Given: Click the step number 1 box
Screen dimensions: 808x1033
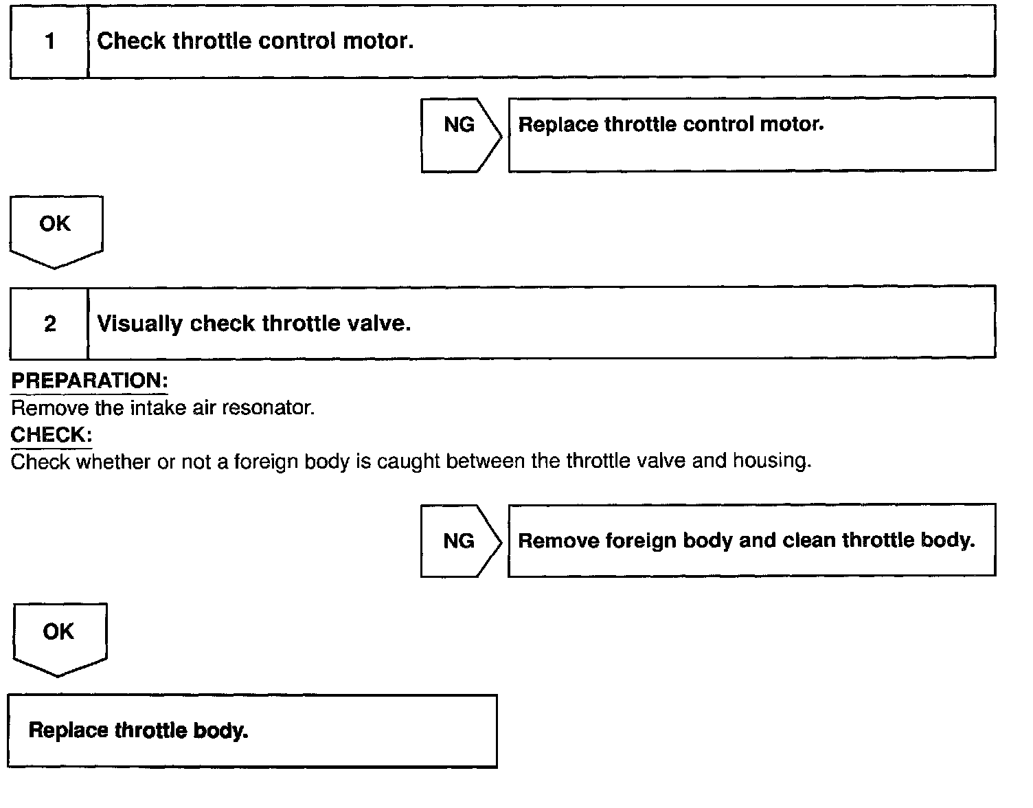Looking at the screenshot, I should [49, 41].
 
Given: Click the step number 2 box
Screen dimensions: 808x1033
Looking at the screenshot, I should [49, 324].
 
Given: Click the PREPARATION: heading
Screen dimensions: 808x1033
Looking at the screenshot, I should [89, 381].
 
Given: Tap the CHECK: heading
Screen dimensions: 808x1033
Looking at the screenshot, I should [52, 434].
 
